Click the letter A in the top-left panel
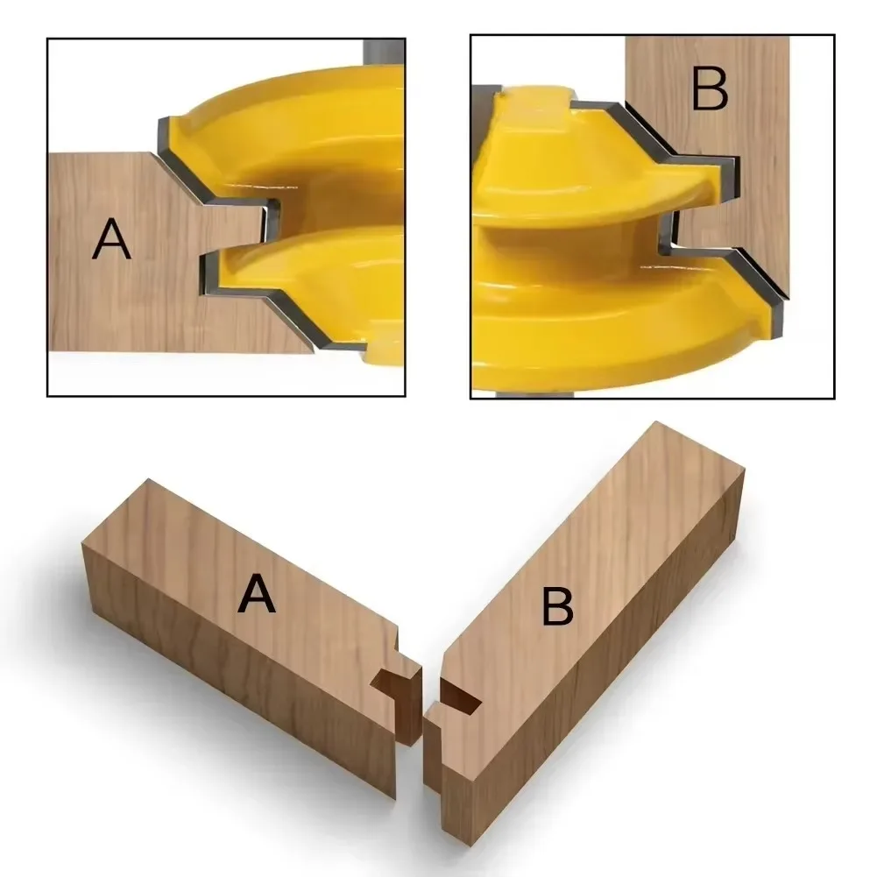tap(111, 238)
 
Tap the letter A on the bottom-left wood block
tap(257, 596)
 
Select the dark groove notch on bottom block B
tap(460, 696)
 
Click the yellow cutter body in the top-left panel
tap(333, 140)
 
